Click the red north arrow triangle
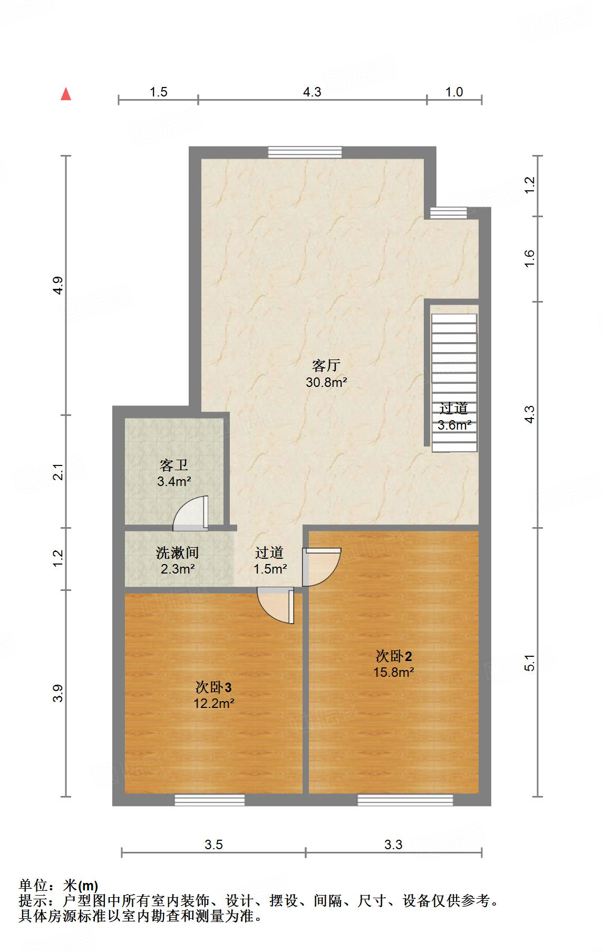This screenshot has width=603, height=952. pos(66,94)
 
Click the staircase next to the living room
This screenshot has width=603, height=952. pos(454,369)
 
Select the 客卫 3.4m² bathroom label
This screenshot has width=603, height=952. pos(174,473)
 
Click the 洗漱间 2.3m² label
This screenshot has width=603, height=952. pos(178,560)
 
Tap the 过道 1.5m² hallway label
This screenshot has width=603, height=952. pos(270,560)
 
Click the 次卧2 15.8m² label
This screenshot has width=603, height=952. pos(394,664)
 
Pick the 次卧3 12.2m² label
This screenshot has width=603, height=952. pos(213,695)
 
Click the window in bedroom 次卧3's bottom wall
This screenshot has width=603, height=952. pos(210,800)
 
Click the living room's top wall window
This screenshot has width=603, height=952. pos(305,152)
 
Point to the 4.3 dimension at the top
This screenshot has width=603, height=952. pos(312,92)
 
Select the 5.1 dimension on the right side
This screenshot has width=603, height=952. pos(530,663)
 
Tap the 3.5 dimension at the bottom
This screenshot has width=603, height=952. pos(213,845)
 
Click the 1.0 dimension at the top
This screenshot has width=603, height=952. pos(454,92)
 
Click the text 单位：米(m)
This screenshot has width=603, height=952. pos(59,886)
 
